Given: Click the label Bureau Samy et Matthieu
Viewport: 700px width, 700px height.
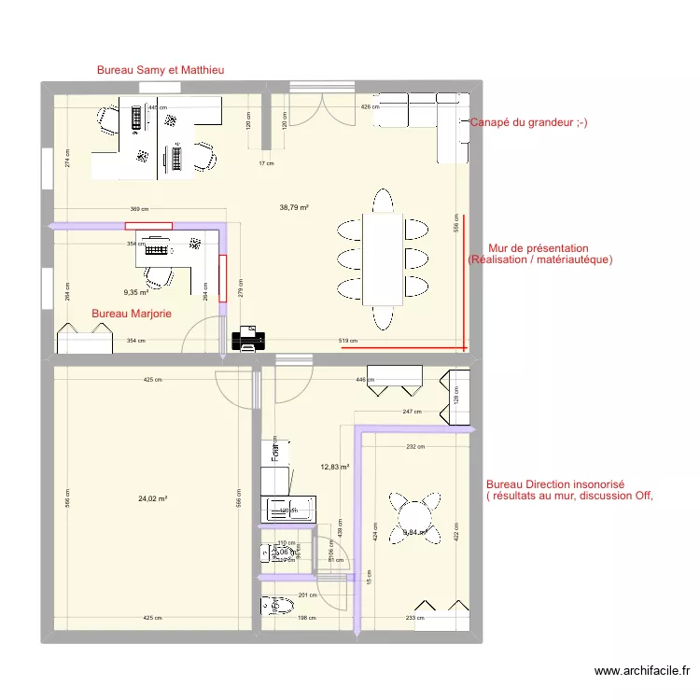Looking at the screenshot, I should [x=161, y=70].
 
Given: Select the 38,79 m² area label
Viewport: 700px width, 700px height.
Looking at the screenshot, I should [x=294, y=208].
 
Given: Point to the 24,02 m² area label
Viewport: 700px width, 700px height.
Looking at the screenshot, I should [x=152, y=499].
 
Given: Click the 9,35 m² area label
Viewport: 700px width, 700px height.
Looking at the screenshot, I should [x=136, y=292].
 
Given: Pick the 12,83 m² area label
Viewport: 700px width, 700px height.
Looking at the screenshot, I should [x=334, y=468].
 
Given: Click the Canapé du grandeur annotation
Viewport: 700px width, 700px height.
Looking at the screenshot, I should [x=528, y=123].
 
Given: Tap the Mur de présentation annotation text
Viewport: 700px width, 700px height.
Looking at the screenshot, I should [x=539, y=254].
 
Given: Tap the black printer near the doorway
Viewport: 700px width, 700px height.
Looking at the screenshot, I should [x=247, y=338].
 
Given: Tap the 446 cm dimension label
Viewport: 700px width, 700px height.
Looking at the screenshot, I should [x=365, y=381].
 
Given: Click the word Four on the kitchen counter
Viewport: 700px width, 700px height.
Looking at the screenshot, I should [x=275, y=453].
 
